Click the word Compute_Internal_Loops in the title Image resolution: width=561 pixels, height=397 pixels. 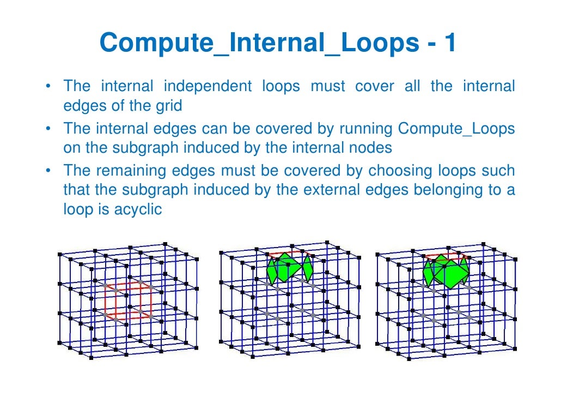tap(259, 44)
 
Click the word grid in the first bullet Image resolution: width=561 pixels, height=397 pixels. tap(168, 105)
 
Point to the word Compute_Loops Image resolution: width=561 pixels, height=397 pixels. tap(456, 129)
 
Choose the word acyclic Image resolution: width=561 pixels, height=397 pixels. tap(138, 209)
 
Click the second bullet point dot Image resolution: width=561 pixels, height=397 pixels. tap(49, 129)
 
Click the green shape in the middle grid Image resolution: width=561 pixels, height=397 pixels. tap(289, 267)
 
